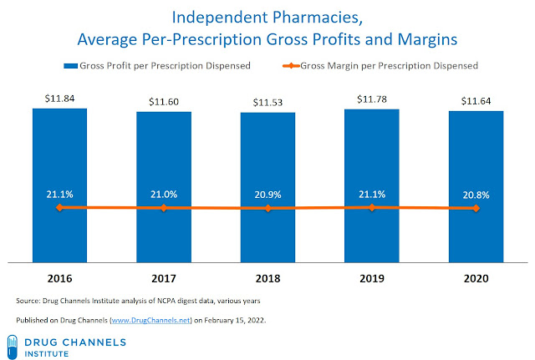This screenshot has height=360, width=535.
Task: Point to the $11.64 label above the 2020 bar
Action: pyautogui.click(x=476, y=101)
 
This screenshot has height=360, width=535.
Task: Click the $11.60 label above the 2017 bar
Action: pyautogui.click(x=163, y=102)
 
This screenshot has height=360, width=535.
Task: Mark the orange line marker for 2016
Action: pyautogui.click(x=59, y=207)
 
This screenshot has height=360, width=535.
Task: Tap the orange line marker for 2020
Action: pyautogui.click(x=476, y=208)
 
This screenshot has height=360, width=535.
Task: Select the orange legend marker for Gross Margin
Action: pyautogui.click(x=283, y=64)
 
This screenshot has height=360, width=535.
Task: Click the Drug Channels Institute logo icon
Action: pyautogui.click(x=15, y=343)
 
